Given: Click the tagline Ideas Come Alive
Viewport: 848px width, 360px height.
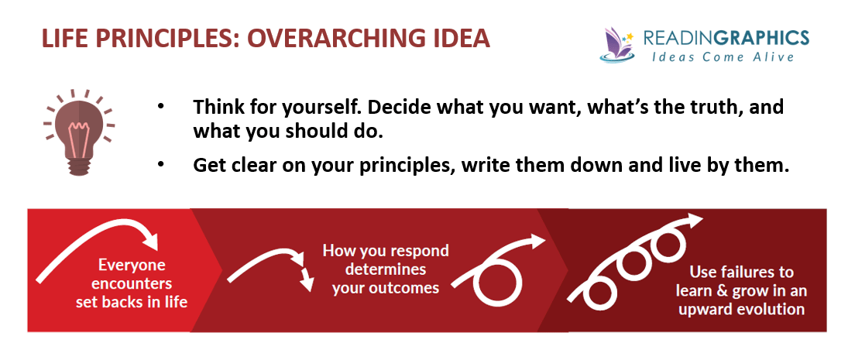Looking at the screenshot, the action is click(723, 56).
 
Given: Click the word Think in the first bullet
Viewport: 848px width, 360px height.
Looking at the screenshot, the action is click(215, 107).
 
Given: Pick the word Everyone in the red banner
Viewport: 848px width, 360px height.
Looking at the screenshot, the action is click(132, 266).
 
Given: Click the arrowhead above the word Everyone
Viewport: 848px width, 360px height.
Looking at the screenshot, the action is click(149, 239).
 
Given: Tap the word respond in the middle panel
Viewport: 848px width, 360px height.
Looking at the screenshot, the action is click(418, 252).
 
